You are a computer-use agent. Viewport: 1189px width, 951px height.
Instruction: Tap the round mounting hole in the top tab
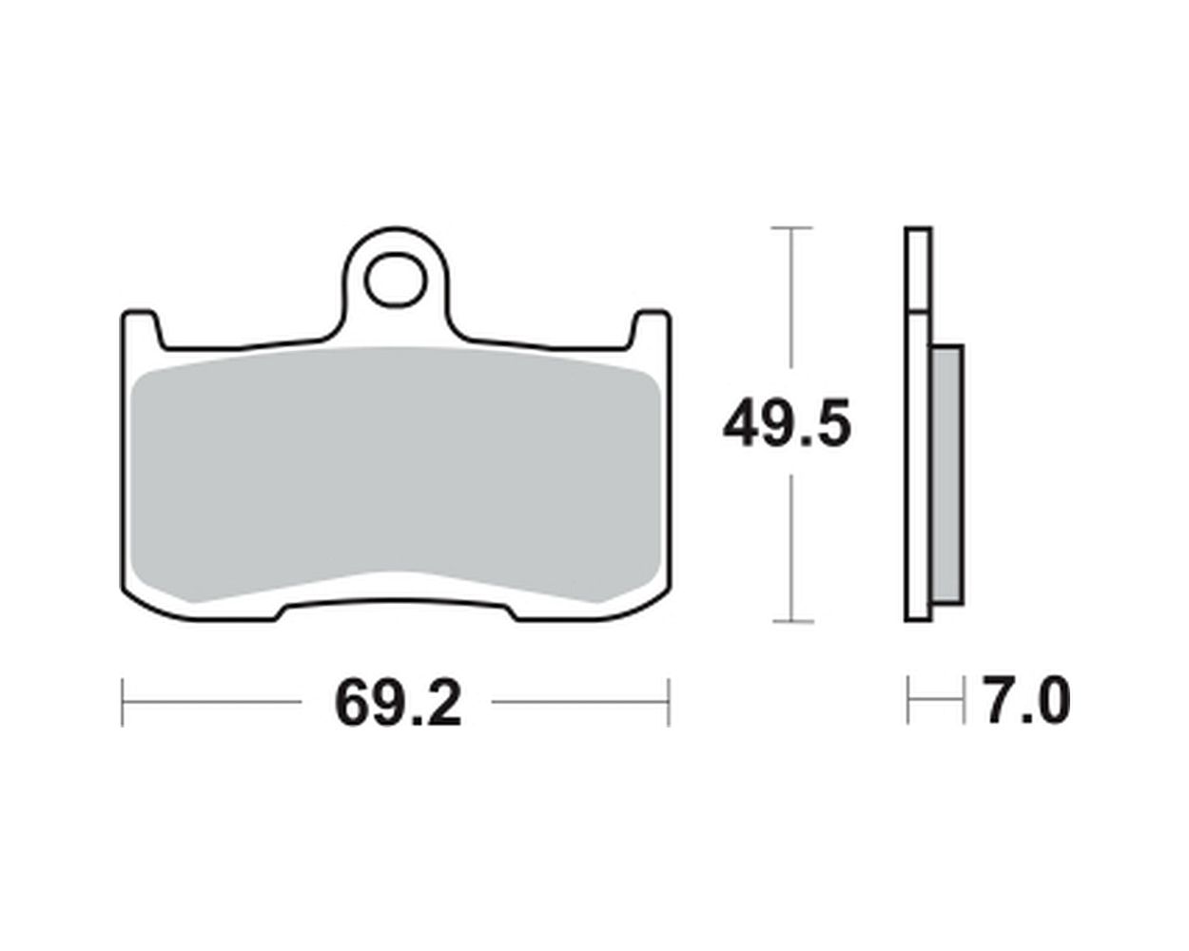tap(396, 281)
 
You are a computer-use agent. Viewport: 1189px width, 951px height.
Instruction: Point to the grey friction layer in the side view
tap(948, 475)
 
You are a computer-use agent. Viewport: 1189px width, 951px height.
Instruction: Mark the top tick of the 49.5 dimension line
tap(791, 227)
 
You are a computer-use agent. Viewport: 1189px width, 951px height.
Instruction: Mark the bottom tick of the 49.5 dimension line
tap(793, 622)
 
